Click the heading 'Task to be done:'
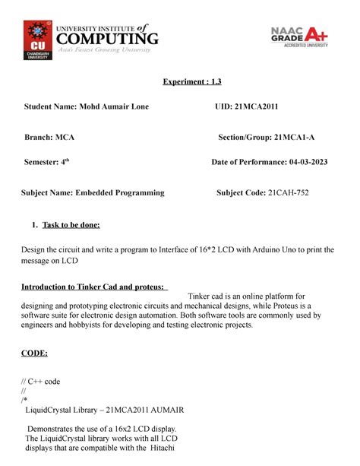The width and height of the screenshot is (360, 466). (74, 225)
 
